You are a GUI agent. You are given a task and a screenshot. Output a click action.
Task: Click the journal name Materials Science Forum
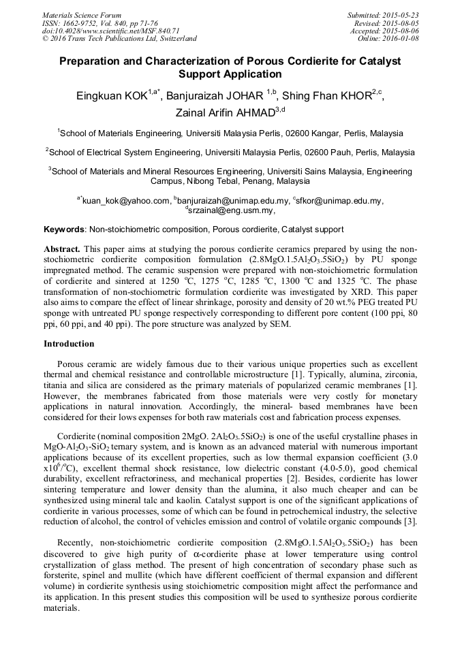82,15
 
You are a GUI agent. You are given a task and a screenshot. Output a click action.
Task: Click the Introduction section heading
69,344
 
